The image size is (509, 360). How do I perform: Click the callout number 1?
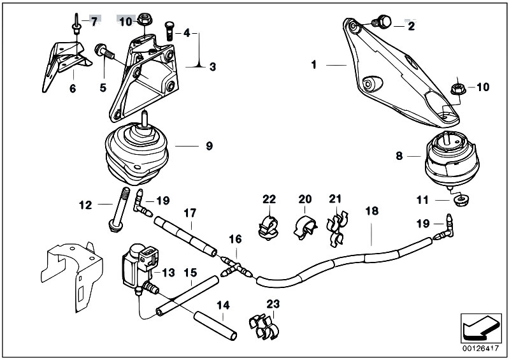coord(314,64)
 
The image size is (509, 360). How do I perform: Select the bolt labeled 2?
coord(383,23)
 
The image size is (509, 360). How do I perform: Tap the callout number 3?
coord(213,66)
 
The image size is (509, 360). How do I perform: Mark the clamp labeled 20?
coord(305,226)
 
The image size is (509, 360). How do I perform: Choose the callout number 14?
coord(222,305)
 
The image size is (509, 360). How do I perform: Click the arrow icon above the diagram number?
coord(478,328)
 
